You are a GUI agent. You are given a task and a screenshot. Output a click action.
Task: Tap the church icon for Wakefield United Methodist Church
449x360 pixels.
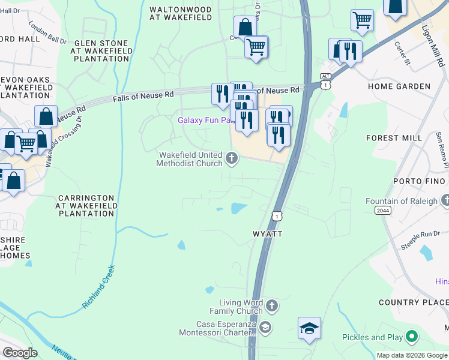coord(232,159)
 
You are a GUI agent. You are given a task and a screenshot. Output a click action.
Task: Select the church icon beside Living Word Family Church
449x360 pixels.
coord(271,307)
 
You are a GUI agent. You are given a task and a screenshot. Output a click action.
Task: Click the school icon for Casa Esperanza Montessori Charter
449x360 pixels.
coord(265,328)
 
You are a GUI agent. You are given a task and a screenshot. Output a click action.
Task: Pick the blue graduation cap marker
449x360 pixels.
coord(309,328)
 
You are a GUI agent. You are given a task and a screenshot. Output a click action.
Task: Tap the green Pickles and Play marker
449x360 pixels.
coord(412,337)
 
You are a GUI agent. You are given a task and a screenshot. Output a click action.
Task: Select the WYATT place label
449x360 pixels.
coord(267,233)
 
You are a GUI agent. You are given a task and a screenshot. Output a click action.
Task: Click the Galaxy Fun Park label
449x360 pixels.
coord(205,120)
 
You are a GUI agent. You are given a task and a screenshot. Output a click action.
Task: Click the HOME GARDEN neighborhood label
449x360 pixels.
coord(399,86)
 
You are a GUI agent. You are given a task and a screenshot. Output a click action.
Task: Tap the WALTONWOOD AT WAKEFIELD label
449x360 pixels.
coord(181,14)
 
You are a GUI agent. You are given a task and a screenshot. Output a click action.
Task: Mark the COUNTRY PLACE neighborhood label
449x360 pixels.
coord(414,302)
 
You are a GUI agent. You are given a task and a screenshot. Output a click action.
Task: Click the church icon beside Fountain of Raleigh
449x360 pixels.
coord(445,200)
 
